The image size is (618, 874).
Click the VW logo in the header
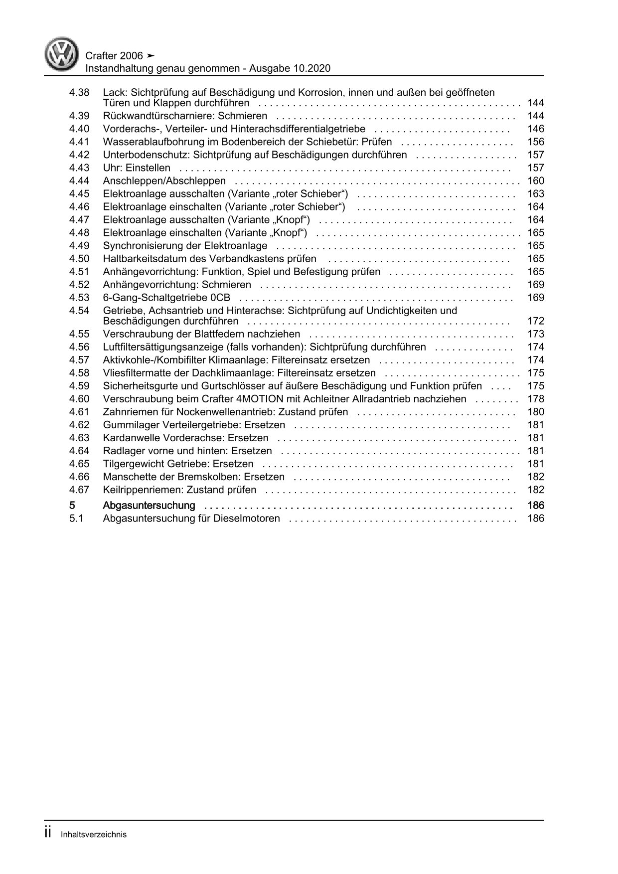click(62, 54)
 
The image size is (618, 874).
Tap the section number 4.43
click(79, 168)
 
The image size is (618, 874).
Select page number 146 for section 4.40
click(535, 129)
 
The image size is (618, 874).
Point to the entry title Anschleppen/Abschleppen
click(164, 181)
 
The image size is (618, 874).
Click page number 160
click(535, 181)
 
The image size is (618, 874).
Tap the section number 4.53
click(79, 298)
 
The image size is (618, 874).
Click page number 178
click(535, 399)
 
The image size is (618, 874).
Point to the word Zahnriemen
click(127, 412)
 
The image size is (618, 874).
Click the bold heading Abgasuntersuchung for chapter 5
click(149, 506)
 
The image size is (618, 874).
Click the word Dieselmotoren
click(248, 519)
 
